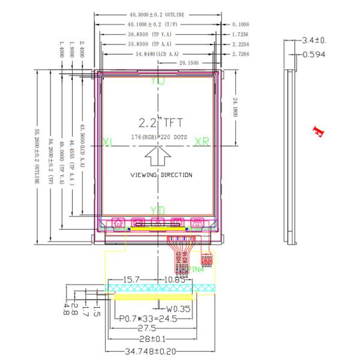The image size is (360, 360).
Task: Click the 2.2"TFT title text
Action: (x=158, y=124)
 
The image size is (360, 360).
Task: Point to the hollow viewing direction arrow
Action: (x=158, y=158)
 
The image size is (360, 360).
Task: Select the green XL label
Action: (x=108, y=142)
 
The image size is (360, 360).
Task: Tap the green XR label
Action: (x=202, y=142)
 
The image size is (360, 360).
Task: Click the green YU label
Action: (x=158, y=80)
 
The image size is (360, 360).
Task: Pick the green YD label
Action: (x=158, y=209)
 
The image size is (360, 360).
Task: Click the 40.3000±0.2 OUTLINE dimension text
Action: (x=157, y=14)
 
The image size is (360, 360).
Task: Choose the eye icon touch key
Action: (x=197, y=223)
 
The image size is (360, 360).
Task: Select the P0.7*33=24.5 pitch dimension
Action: (x=148, y=319)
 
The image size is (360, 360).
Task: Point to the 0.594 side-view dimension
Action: (x=313, y=55)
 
